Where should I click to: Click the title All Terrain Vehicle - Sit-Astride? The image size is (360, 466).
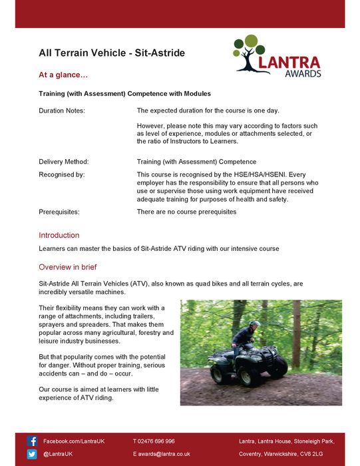click(x=111, y=53)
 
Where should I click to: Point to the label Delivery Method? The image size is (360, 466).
click(x=63, y=161)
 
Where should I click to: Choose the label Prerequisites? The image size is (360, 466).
click(x=59, y=212)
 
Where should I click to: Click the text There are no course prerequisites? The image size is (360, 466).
click(x=186, y=212)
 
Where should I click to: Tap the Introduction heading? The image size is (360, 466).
click(x=59, y=235)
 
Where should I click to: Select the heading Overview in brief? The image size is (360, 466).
click(x=67, y=267)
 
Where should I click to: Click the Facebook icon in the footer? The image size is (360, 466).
click(x=32, y=441)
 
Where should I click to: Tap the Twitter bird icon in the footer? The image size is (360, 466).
click(x=32, y=454)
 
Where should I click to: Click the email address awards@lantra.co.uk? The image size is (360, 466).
click(x=164, y=454)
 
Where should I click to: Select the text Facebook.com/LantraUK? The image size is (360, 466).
click(x=74, y=441)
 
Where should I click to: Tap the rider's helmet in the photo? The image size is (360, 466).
click(x=254, y=324)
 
